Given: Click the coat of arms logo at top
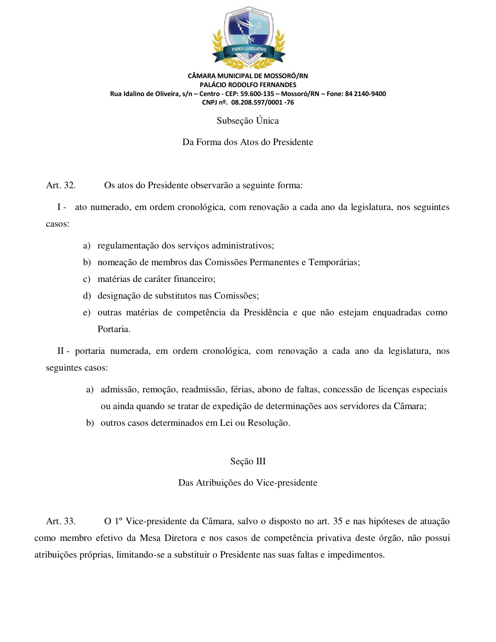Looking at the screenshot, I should click(x=248, y=38).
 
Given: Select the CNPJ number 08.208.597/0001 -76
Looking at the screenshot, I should click(x=263, y=103).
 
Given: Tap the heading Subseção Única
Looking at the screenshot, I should click(x=248, y=121).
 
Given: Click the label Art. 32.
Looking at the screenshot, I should click(x=61, y=185).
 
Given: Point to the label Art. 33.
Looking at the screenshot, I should click(x=61, y=521).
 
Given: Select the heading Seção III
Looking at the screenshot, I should click(x=248, y=462).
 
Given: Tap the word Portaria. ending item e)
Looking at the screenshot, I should click(x=114, y=329).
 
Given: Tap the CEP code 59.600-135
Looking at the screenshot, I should click(x=257, y=94).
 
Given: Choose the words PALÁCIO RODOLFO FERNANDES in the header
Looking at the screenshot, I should click(x=248, y=85).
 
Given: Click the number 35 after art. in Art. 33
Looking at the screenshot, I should click(x=338, y=521).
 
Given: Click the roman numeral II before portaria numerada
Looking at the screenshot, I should click(x=61, y=351).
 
